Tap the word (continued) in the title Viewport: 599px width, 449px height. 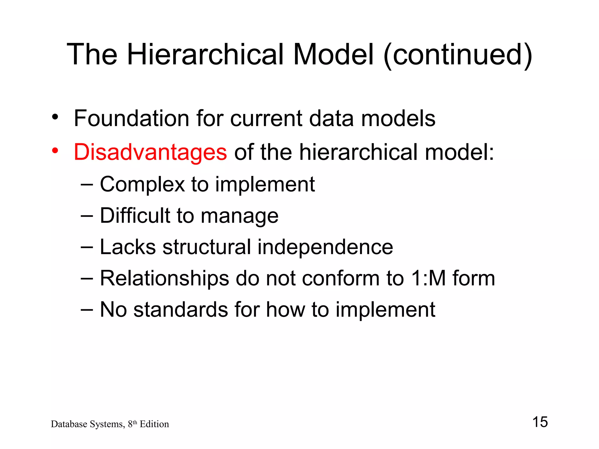pyautogui.click(x=457, y=54)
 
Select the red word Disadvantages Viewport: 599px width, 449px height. pyautogui.click(x=150, y=152)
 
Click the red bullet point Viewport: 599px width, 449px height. pyautogui.click(x=55, y=151)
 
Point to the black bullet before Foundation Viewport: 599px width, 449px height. pyautogui.click(x=55, y=117)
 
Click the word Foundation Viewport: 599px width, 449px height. pyautogui.click(x=132, y=118)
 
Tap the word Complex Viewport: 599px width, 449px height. pyautogui.click(x=142, y=185)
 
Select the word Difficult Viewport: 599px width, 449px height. pyautogui.click(x=135, y=216)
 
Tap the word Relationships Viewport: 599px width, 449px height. pyautogui.click(x=164, y=278)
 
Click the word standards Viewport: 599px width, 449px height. pyautogui.click(x=180, y=310)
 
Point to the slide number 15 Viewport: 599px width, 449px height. pyautogui.click(x=540, y=422)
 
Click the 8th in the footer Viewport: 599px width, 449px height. pyautogui.click(x=132, y=424)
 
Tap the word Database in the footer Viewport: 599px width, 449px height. pyautogui.click(x=69, y=424)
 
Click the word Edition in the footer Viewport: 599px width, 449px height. pyautogui.click(x=154, y=424)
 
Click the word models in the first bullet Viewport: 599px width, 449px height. pyautogui.click(x=398, y=118)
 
